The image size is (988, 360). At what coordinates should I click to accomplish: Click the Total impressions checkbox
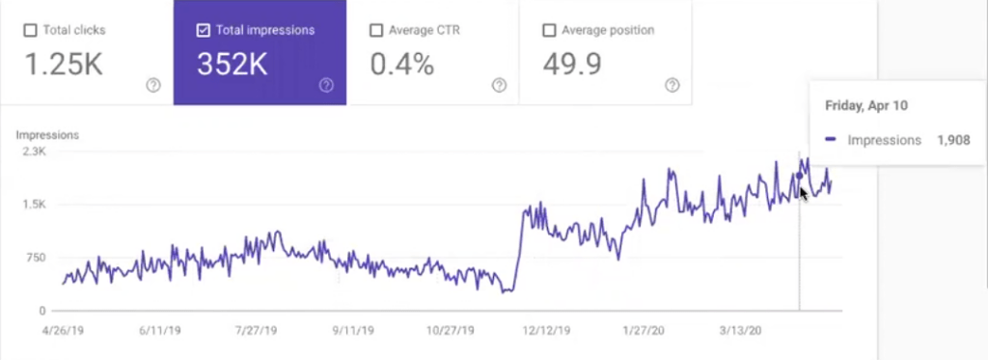click(x=203, y=30)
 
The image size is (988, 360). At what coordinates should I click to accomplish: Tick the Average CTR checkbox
click(x=376, y=30)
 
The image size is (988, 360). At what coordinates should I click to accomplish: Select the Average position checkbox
click(x=549, y=30)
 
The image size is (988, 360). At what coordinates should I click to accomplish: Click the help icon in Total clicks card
click(x=152, y=85)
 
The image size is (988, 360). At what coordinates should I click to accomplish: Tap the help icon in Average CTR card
click(x=499, y=85)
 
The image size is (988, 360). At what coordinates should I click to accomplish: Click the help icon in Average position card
click(x=672, y=85)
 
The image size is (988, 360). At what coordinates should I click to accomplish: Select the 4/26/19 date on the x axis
click(x=64, y=329)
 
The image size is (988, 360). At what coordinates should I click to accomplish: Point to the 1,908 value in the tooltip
click(x=953, y=140)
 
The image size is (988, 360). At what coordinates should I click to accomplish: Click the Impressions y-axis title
click(x=47, y=135)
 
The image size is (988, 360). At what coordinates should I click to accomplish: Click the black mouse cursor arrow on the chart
click(x=804, y=193)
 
